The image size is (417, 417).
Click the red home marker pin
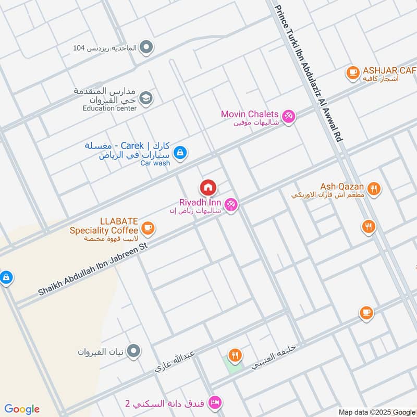(207, 187)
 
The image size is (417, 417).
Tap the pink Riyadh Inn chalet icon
(231, 205)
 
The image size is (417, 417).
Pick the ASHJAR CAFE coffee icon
(353, 72)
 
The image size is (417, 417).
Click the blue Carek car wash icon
(180, 153)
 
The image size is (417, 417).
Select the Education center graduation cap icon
(146, 97)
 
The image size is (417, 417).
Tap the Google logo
(22, 409)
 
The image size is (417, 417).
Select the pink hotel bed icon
(214, 402)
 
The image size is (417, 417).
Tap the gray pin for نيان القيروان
(134, 351)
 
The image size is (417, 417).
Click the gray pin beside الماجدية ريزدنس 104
(147, 47)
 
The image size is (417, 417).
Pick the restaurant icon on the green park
(235, 355)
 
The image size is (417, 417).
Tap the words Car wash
(155, 163)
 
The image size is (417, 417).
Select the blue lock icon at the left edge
(5, 277)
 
